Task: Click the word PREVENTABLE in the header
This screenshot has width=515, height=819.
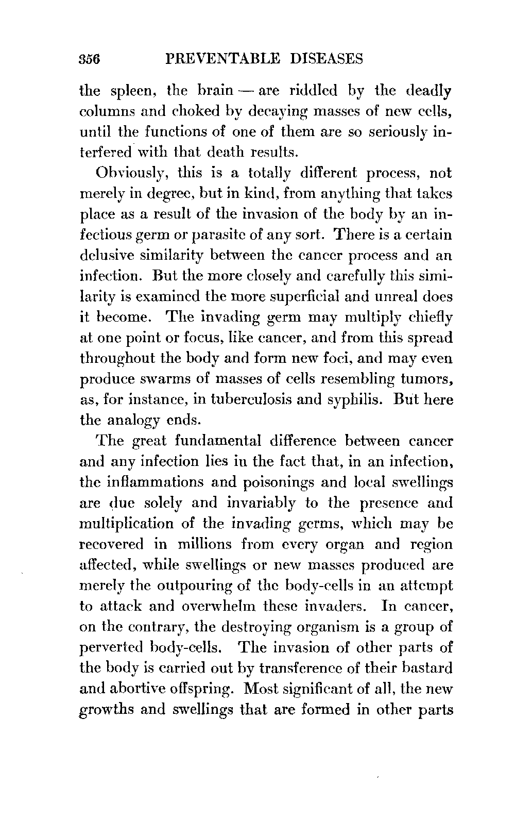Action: [217, 59]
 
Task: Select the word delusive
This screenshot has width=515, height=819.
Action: [111, 256]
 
